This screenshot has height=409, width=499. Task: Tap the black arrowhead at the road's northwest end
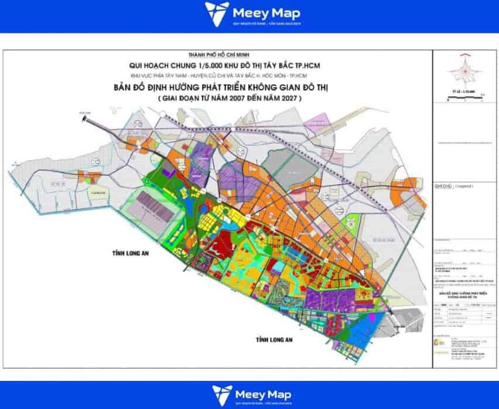(x=88, y=119)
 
